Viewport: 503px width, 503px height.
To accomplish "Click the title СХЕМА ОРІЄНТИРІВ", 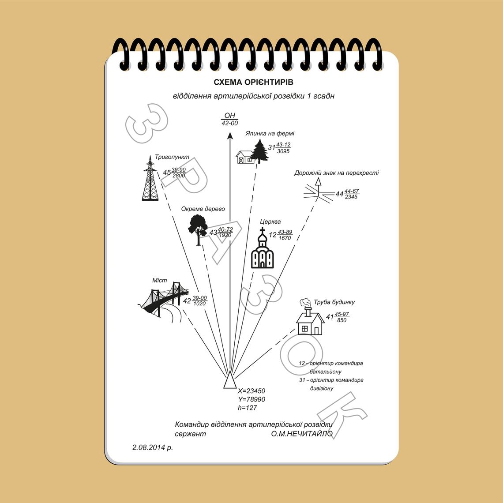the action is pyautogui.click(x=253, y=82).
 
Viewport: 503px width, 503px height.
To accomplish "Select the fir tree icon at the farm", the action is pyautogui.click(x=259, y=151).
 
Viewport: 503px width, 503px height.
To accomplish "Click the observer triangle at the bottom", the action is pyautogui.click(x=230, y=381).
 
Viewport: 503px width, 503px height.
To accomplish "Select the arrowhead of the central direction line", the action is pyautogui.click(x=230, y=136).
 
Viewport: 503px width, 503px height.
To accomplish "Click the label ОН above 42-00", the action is pyautogui.click(x=230, y=116).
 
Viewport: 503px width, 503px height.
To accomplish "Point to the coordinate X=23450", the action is pyautogui.click(x=251, y=391).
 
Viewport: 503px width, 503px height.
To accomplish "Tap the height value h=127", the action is pyautogui.click(x=248, y=408).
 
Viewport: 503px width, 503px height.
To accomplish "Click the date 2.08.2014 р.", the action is pyautogui.click(x=152, y=447).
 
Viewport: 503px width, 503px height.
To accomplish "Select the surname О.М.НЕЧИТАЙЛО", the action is pyautogui.click(x=302, y=434).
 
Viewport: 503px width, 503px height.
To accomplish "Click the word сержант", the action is pyautogui.click(x=190, y=434).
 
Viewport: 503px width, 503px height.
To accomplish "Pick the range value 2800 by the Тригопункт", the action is pyautogui.click(x=179, y=176).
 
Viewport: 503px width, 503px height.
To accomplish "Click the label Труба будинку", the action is pyautogui.click(x=334, y=302).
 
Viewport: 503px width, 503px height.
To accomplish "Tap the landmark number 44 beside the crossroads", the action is pyautogui.click(x=339, y=194).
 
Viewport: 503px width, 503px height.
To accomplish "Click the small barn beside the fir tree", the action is pyautogui.click(x=245, y=157).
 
